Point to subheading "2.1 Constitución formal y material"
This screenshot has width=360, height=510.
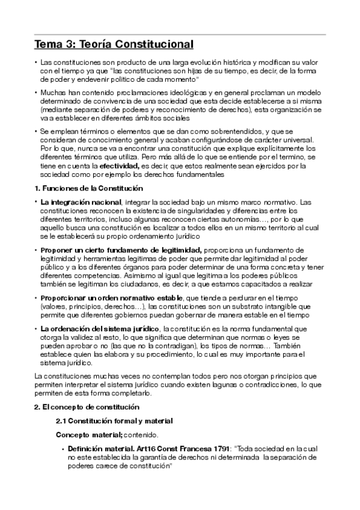tap(114, 420)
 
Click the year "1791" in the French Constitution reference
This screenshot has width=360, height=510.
tap(221, 449)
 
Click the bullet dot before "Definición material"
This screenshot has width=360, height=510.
tap(63, 449)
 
